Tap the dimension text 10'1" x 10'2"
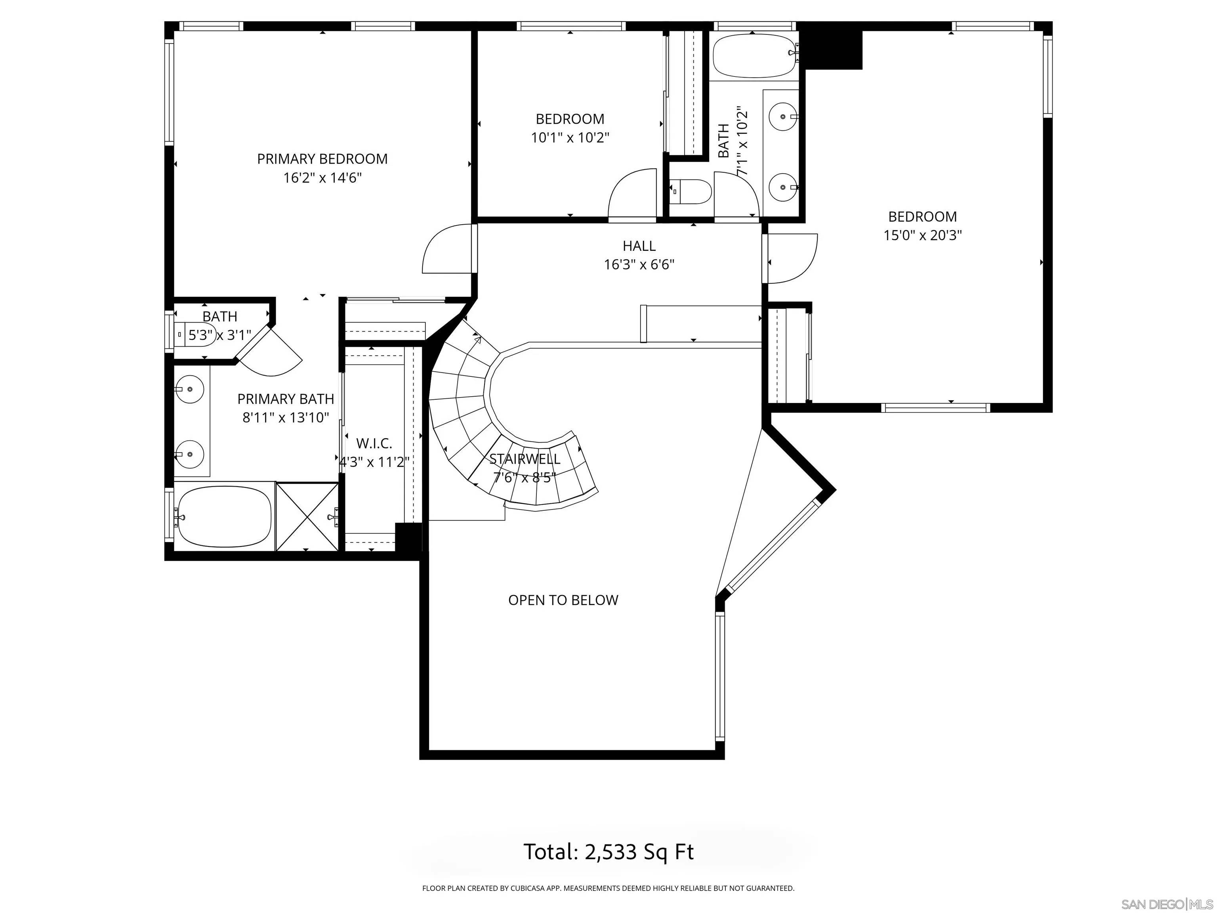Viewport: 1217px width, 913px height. (570, 138)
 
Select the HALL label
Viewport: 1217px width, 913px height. (639, 246)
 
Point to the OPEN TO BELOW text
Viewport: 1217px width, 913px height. (563, 600)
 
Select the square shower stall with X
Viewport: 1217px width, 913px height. (307, 516)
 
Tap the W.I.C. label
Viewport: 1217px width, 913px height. (374, 443)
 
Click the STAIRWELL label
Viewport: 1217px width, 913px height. (525, 459)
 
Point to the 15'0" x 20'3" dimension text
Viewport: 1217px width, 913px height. (923, 235)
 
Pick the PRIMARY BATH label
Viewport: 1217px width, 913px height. (286, 399)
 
